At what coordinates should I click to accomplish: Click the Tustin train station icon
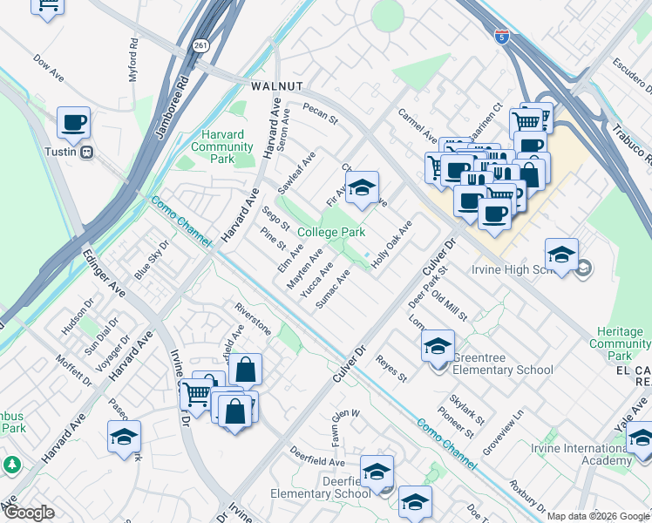point(86,153)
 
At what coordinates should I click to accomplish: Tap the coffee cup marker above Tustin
point(74,123)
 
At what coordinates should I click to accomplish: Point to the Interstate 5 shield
point(500,37)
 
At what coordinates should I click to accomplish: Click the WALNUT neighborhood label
point(276,86)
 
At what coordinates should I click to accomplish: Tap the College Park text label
point(330,232)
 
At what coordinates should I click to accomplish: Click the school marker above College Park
point(363,187)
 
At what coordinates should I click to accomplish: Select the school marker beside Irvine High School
point(562,255)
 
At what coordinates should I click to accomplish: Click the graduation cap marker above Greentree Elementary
point(438,346)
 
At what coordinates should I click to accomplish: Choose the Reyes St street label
point(391,370)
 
